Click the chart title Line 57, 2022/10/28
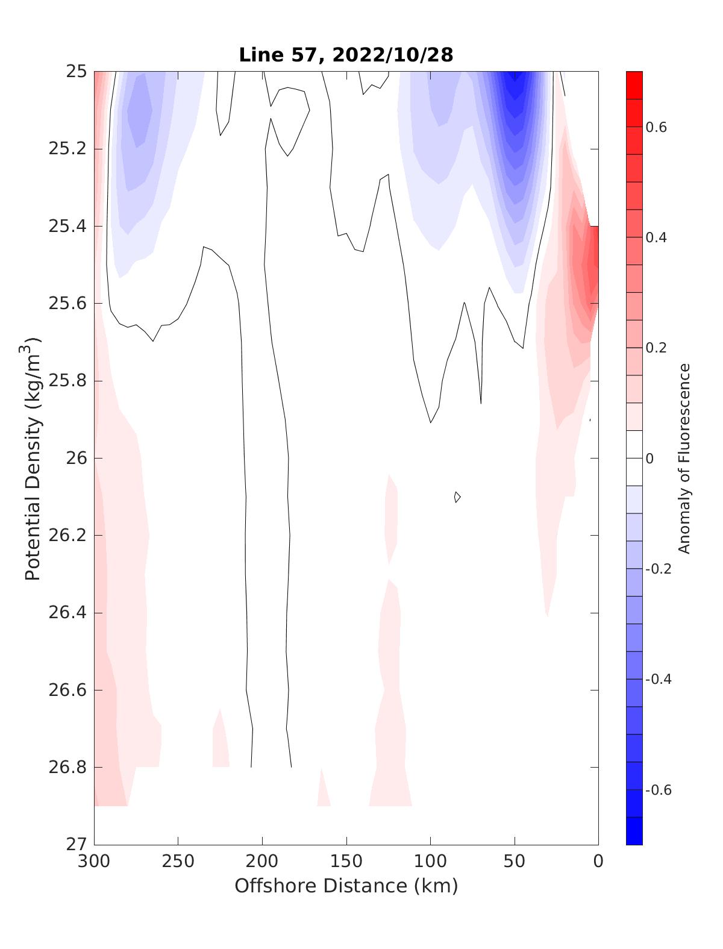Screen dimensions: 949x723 click(346, 55)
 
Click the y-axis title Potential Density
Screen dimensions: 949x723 click(33, 458)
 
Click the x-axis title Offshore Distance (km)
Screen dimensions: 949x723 click(346, 886)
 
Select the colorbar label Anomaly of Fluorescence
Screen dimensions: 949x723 click(683, 458)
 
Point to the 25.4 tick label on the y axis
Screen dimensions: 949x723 click(67, 227)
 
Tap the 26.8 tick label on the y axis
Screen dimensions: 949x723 click(67, 768)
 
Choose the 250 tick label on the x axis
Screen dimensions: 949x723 click(178, 862)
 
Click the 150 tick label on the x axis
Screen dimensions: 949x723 click(346, 862)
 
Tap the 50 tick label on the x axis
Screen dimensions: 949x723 click(515, 862)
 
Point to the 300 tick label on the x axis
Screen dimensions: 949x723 click(95, 862)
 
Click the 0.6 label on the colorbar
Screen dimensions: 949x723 click(656, 127)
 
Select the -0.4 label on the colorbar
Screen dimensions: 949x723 click(657, 680)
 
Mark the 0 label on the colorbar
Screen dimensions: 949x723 click(649, 459)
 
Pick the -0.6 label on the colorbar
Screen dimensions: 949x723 click(657, 790)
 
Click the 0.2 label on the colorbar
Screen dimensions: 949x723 click(656, 348)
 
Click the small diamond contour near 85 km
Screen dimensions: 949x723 click(457, 497)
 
